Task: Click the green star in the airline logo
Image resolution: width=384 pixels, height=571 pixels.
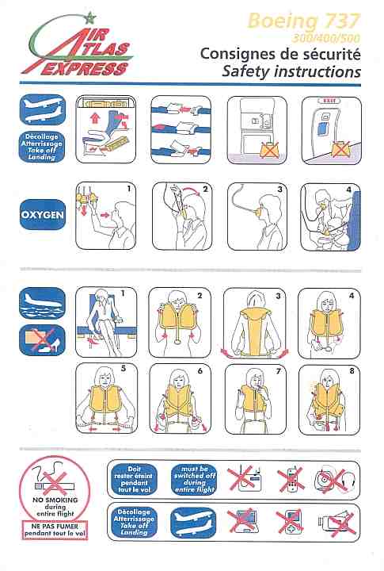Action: coord(89,17)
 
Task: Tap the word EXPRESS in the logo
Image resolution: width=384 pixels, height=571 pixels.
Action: coord(85,68)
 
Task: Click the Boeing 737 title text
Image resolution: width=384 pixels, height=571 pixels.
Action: coord(303,21)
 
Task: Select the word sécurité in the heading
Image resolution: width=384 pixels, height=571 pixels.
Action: coord(331,54)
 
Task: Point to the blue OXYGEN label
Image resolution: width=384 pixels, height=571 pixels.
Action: coord(43,214)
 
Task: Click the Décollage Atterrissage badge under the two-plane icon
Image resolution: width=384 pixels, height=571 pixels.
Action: coord(42,147)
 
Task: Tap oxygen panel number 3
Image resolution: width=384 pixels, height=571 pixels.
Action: coord(257,217)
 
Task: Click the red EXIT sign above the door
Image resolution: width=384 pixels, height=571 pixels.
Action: coord(329,101)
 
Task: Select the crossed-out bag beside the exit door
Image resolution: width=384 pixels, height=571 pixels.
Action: coord(340,149)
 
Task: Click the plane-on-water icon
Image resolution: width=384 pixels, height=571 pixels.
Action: coord(43,303)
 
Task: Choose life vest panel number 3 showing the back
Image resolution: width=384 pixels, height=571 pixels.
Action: coord(254,324)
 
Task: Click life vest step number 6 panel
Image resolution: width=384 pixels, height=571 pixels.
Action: coord(181,399)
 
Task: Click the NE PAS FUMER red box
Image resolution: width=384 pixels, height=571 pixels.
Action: coord(55,530)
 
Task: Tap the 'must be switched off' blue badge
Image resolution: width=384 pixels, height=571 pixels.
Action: coord(194,478)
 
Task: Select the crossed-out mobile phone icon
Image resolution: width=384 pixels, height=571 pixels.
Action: coord(291,479)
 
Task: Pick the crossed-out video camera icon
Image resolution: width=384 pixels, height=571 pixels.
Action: coord(336,523)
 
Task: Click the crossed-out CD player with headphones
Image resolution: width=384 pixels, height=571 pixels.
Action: coord(335,480)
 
